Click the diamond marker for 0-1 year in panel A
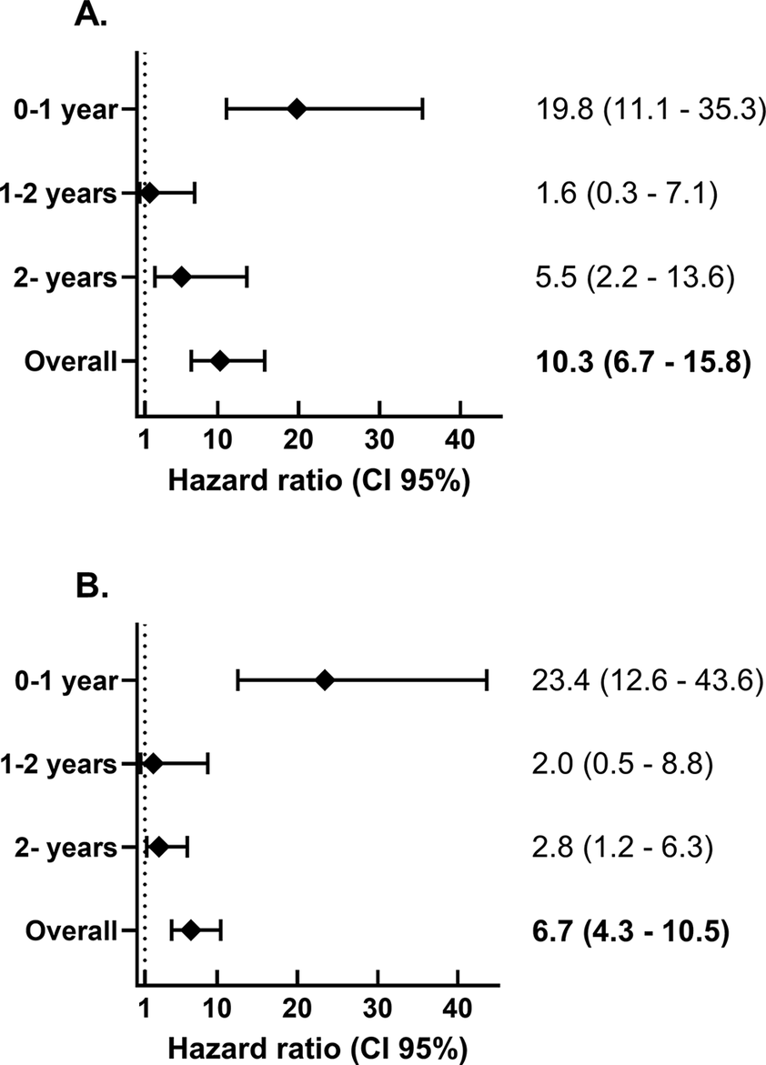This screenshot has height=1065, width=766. (x=297, y=109)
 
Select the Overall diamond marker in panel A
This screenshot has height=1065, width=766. (x=219, y=361)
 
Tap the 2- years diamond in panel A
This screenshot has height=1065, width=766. (x=181, y=276)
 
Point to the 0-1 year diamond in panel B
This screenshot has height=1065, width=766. (x=324, y=679)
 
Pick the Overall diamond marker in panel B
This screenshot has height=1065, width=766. (x=191, y=929)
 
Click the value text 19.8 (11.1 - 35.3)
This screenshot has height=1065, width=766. (x=647, y=110)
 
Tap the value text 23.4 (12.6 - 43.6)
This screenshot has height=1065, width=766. (x=646, y=679)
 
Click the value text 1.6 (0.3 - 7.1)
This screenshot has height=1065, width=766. (x=628, y=194)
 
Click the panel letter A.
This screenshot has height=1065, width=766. (x=92, y=15)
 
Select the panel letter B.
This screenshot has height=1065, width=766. (x=92, y=587)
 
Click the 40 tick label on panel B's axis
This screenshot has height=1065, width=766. (x=458, y=1012)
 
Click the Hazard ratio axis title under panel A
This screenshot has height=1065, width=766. (x=318, y=479)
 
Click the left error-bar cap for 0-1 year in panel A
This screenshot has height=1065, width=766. (x=227, y=109)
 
